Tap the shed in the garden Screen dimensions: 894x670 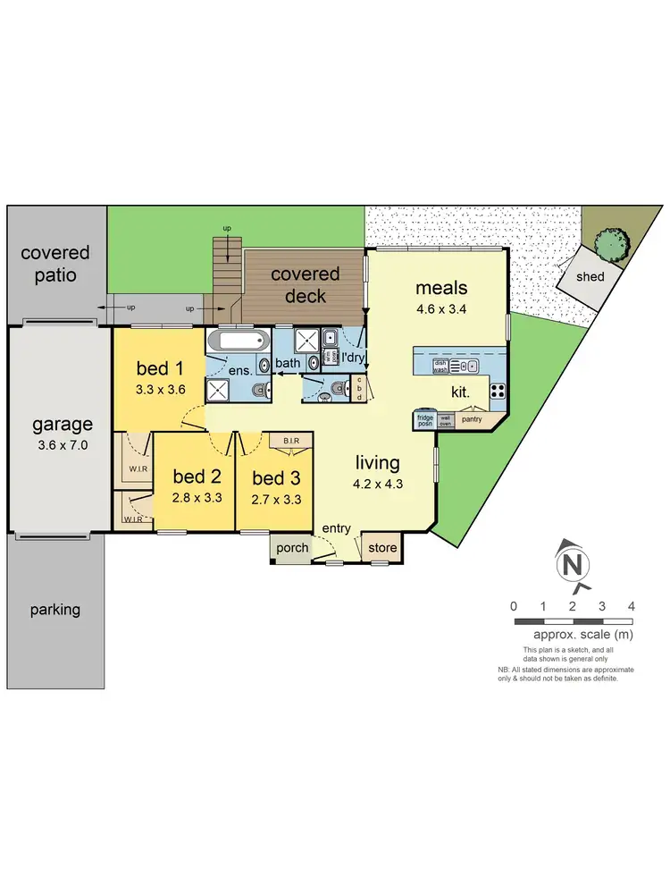(590, 276)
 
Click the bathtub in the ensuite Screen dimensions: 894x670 (239, 342)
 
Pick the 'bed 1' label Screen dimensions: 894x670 (160, 368)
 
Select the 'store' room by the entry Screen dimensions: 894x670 (381, 547)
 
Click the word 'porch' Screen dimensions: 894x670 (292, 548)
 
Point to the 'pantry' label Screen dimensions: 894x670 (472, 417)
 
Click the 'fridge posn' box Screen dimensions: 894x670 (425, 420)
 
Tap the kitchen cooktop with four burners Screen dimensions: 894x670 (498, 391)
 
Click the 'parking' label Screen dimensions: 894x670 (55, 610)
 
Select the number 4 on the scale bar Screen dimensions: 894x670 (631, 606)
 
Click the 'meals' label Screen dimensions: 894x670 (441, 288)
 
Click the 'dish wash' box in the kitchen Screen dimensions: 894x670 (440, 365)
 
